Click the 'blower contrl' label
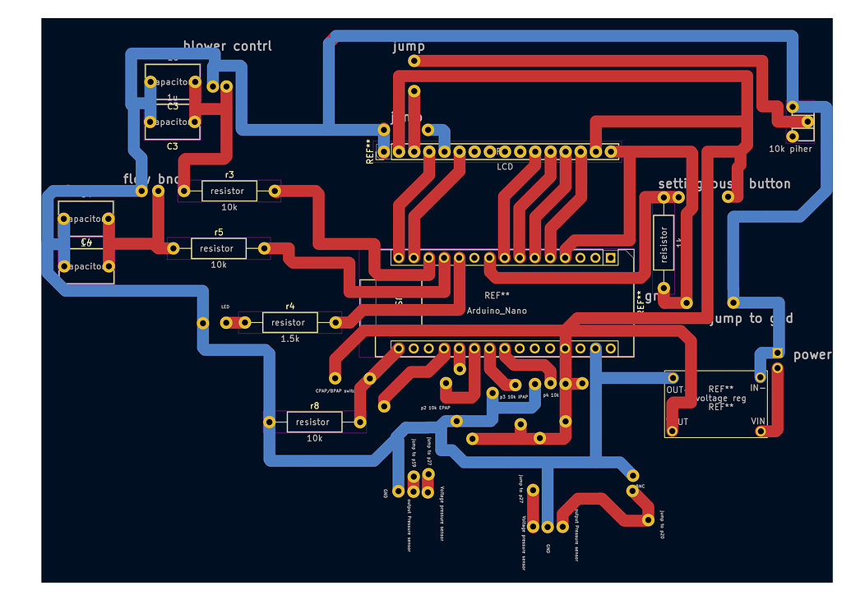click(x=228, y=46)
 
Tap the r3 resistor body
click(x=228, y=191)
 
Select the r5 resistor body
click(x=218, y=248)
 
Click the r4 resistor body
click(x=289, y=322)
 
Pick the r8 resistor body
click(x=313, y=422)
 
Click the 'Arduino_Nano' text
click(x=497, y=311)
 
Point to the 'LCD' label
click(x=505, y=166)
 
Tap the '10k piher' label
click(x=790, y=149)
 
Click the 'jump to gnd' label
click(x=752, y=318)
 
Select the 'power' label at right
click(x=812, y=355)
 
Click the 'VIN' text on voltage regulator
click(x=757, y=422)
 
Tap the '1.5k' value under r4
click(x=290, y=339)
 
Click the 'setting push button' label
click(x=724, y=183)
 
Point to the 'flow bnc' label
click(x=150, y=178)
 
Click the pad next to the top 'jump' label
click(x=414, y=61)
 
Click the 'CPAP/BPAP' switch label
click(x=335, y=390)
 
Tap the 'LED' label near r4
click(x=225, y=307)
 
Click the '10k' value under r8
click(x=314, y=438)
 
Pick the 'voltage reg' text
click(x=721, y=398)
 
